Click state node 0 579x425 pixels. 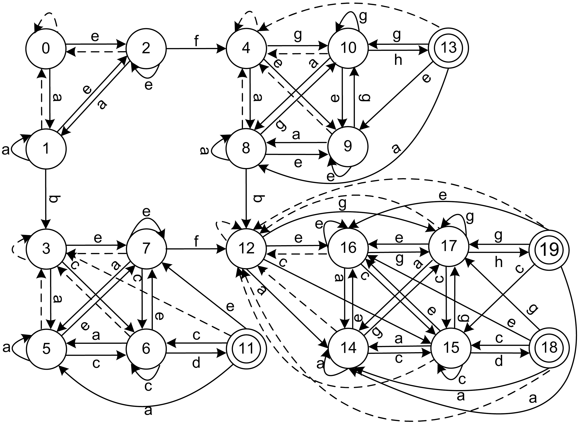coord(46,48)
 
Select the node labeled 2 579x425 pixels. coord(146,48)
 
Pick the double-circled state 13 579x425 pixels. coord(448,48)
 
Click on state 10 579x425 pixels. coord(348,48)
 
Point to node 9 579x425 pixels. coord(348,147)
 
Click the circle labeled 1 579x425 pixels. coord(46,149)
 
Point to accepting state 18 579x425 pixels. coord(549,348)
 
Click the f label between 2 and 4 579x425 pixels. coord(196,41)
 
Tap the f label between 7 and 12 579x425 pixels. coord(196,242)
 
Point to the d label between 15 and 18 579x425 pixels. coord(499,362)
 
